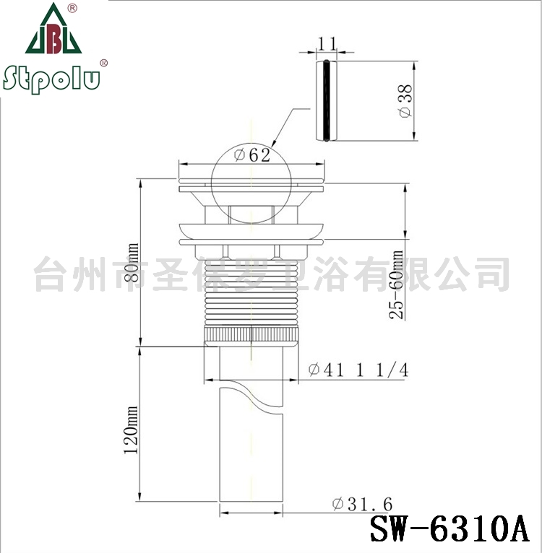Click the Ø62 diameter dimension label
pos(252,154)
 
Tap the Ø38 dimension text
pos(405,101)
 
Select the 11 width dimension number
pos(327,43)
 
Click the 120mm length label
pos(131,430)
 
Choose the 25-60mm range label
pos(396,284)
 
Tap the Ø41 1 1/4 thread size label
pos(358,370)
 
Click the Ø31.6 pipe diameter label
pos(362,504)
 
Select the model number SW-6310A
pos(449,528)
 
